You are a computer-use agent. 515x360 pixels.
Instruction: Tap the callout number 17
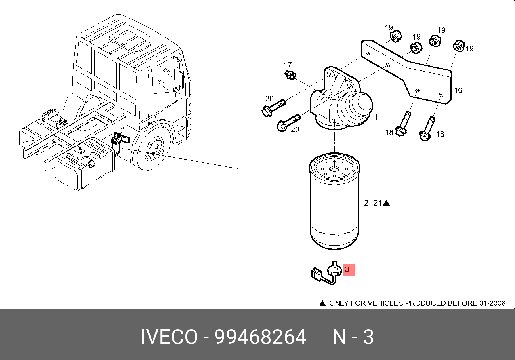tap(288, 65)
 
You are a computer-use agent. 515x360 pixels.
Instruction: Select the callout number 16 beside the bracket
tap(458, 90)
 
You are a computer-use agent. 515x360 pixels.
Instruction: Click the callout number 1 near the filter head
tap(376, 118)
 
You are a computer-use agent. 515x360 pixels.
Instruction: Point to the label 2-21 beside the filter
tap(373, 203)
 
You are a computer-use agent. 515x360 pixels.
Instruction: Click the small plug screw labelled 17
tap(290, 75)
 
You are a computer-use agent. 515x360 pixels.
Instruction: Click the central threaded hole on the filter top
tap(334, 170)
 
